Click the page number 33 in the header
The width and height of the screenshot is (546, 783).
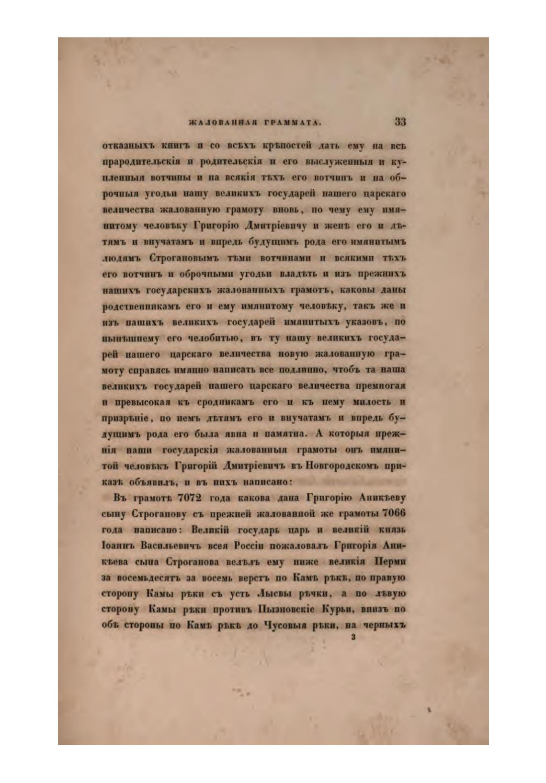pos(400,122)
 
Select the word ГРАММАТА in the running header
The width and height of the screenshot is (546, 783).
pos(290,124)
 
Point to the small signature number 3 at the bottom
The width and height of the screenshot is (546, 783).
pos(353,637)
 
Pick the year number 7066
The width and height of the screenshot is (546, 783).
pos(394,513)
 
